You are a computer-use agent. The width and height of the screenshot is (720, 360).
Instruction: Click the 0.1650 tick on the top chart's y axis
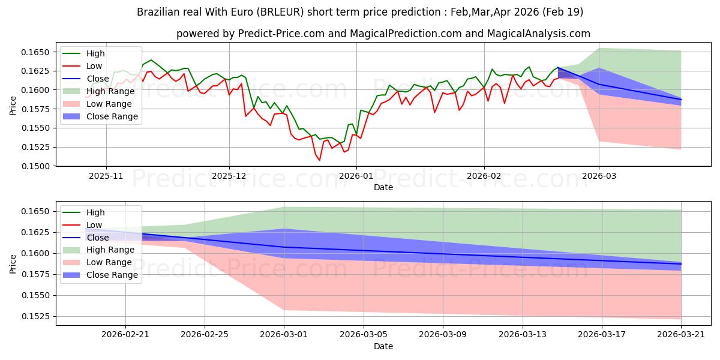click(35, 52)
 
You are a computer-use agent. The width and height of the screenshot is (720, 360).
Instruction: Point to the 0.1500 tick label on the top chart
click(35, 166)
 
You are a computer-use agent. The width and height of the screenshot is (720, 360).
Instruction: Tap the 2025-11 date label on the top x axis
click(106, 176)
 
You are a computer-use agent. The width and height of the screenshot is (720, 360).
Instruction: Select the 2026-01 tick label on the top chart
click(356, 176)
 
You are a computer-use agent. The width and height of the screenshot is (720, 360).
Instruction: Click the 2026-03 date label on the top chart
click(599, 176)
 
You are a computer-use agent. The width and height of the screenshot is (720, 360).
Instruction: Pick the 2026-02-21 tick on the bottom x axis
click(125, 335)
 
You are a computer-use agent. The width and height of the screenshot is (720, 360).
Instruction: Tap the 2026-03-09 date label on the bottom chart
click(443, 335)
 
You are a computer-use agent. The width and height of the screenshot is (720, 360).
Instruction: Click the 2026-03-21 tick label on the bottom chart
click(681, 335)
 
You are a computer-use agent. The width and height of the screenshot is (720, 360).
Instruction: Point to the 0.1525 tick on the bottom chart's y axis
click(35, 317)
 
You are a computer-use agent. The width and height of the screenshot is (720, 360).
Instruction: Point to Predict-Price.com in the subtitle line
click(281, 34)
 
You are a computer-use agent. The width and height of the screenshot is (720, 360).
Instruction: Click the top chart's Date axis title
click(383, 187)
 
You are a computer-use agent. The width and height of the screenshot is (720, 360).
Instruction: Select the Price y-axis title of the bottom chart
click(13, 264)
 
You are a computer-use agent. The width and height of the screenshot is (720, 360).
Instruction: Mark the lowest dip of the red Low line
click(319, 160)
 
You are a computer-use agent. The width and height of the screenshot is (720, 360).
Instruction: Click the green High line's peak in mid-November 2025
click(151, 60)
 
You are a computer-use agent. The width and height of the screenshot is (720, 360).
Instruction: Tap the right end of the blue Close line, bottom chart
click(681, 264)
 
